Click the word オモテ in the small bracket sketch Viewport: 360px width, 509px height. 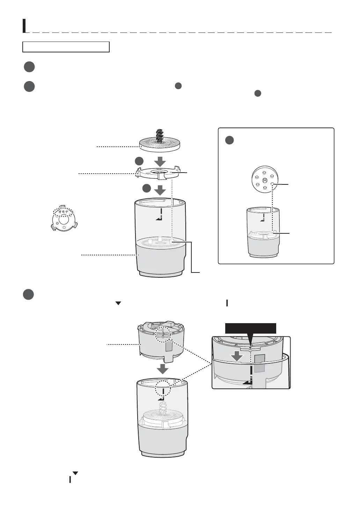63,212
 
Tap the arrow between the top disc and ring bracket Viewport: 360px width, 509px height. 160,161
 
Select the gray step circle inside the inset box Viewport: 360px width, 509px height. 229,140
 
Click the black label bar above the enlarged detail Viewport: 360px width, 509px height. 250,328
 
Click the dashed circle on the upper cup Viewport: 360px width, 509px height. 163,334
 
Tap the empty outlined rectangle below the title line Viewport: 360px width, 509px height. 66,47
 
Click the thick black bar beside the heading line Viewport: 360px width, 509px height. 24,26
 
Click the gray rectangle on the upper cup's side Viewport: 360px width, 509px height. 169,346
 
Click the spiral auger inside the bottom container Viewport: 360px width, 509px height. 163,408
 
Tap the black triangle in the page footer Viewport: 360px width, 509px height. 75,473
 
